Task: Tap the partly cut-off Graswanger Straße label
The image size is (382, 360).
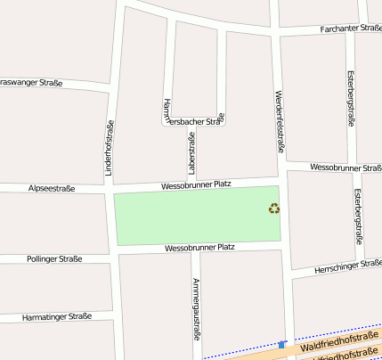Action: coord(30,83)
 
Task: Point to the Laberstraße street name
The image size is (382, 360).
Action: coord(191,151)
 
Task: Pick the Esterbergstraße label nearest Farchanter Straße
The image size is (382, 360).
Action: coord(351,98)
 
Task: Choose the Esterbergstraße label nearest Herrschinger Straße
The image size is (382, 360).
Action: coord(358,217)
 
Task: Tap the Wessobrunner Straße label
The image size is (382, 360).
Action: coord(345,168)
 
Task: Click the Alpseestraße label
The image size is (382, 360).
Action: coord(52,189)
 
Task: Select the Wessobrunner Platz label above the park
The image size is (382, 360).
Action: coord(196,184)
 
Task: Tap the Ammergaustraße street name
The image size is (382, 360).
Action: coord(196,309)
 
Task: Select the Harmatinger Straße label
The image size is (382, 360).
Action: coord(57,316)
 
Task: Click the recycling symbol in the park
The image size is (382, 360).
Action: coord(274,209)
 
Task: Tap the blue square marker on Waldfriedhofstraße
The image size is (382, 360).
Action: coord(282,344)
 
